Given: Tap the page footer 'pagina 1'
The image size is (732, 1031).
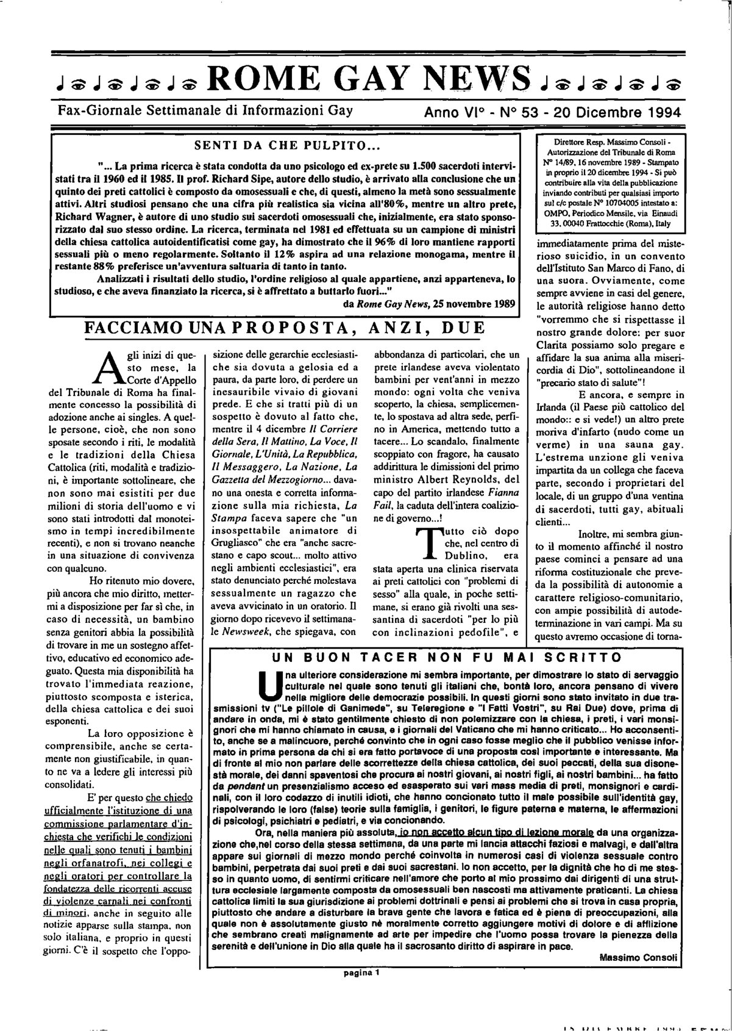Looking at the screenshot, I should click(x=361, y=974).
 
